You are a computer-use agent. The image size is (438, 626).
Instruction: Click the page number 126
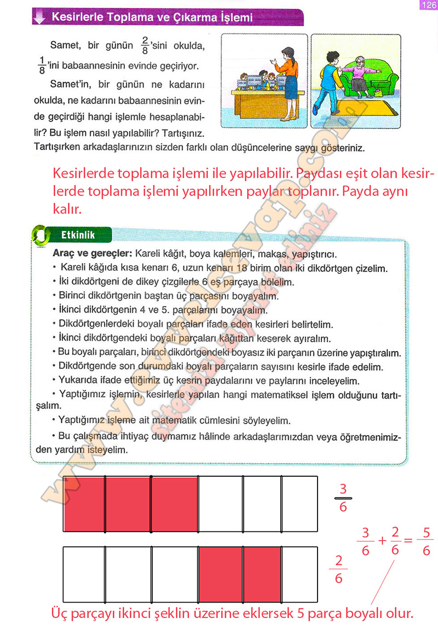(x=426, y=5)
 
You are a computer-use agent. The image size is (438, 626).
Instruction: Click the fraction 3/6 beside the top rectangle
(x=343, y=498)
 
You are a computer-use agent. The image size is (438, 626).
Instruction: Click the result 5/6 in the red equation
(x=427, y=541)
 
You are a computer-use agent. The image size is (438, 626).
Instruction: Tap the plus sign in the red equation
(x=382, y=541)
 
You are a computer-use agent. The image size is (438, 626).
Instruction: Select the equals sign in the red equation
(x=408, y=541)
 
